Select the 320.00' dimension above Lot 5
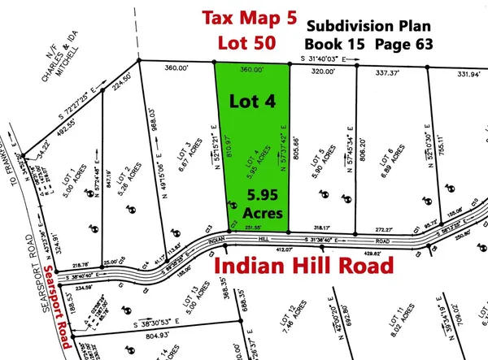324,71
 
